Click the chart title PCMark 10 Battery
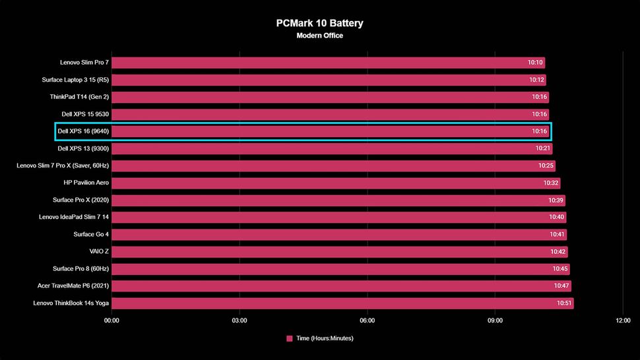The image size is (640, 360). click(x=319, y=23)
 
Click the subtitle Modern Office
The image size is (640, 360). click(x=319, y=36)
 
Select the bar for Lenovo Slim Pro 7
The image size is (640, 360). click(x=317, y=63)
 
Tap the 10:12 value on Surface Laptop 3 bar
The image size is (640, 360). click(x=536, y=80)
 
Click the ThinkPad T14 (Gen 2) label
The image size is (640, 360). click(x=79, y=97)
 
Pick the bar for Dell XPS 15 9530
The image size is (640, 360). click(x=317, y=114)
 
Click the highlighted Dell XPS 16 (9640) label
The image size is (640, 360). click(x=83, y=131)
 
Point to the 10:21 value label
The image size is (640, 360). click(x=543, y=148)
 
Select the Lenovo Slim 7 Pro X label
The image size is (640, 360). click(x=63, y=165)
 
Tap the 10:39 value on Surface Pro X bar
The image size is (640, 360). click(x=556, y=200)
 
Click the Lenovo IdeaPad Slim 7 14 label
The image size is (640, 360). click(x=74, y=217)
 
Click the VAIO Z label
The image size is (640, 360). click(x=99, y=251)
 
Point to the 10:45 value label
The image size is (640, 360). click(x=560, y=269)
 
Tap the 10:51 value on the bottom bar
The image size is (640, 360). click(x=564, y=303)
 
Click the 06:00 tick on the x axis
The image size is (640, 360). click(x=368, y=321)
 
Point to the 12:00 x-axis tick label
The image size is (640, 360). click(x=623, y=321)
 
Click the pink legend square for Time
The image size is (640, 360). click(x=290, y=338)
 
